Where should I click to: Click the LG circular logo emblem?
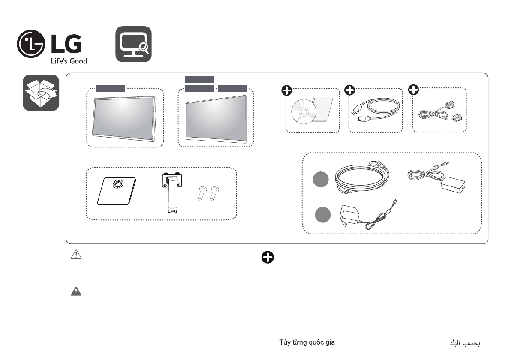point(31,44)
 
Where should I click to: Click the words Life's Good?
point(69,61)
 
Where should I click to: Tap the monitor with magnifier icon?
point(134,44)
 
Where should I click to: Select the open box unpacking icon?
point(41,93)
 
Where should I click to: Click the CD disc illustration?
point(304,111)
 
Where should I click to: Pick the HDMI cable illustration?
point(376,110)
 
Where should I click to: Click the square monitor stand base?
point(117,191)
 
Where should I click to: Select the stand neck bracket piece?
point(172,192)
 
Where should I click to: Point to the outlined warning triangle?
point(76,254)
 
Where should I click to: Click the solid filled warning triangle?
point(76,291)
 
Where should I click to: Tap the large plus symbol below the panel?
point(268,258)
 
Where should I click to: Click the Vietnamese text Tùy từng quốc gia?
point(307,342)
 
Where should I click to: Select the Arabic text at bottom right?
point(465,343)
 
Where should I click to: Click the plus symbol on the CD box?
point(287,90)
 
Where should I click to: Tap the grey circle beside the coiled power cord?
point(321,180)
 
